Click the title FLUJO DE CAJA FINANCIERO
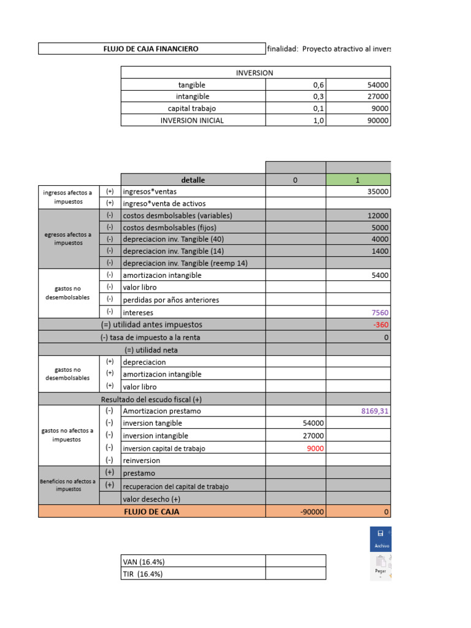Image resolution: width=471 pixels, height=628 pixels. click(x=150, y=48)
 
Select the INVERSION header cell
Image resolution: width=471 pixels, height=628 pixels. click(x=255, y=72)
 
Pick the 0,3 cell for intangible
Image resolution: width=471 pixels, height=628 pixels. click(x=318, y=97)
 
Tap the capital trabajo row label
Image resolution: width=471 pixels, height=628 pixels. click(x=192, y=109)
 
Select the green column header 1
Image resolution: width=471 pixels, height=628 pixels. click(x=358, y=180)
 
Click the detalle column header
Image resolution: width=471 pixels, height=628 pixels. click(x=193, y=180)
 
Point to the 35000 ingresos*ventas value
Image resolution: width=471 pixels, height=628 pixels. click(x=375, y=192)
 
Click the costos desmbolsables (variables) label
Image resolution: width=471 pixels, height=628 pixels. click(x=177, y=216)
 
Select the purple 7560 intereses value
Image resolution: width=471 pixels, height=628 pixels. click(x=378, y=313)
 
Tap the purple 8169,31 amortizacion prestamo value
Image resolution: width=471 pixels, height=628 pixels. click(x=375, y=411)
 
